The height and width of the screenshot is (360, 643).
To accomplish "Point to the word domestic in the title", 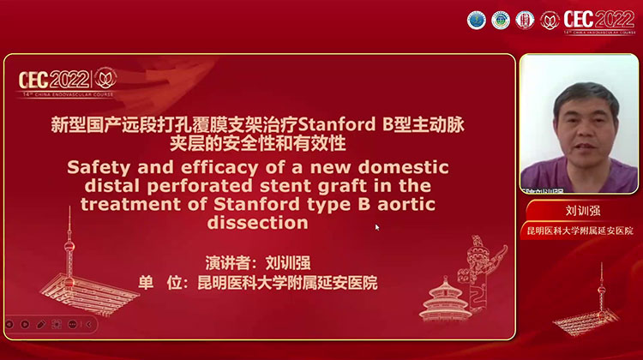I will [400, 166].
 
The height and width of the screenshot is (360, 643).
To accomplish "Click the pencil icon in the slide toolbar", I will [26, 324].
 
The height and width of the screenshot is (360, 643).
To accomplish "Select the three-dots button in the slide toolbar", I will [72, 324].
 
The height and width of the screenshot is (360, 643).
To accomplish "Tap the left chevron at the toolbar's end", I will [87, 324].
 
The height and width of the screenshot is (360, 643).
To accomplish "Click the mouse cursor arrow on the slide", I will [377, 227].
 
